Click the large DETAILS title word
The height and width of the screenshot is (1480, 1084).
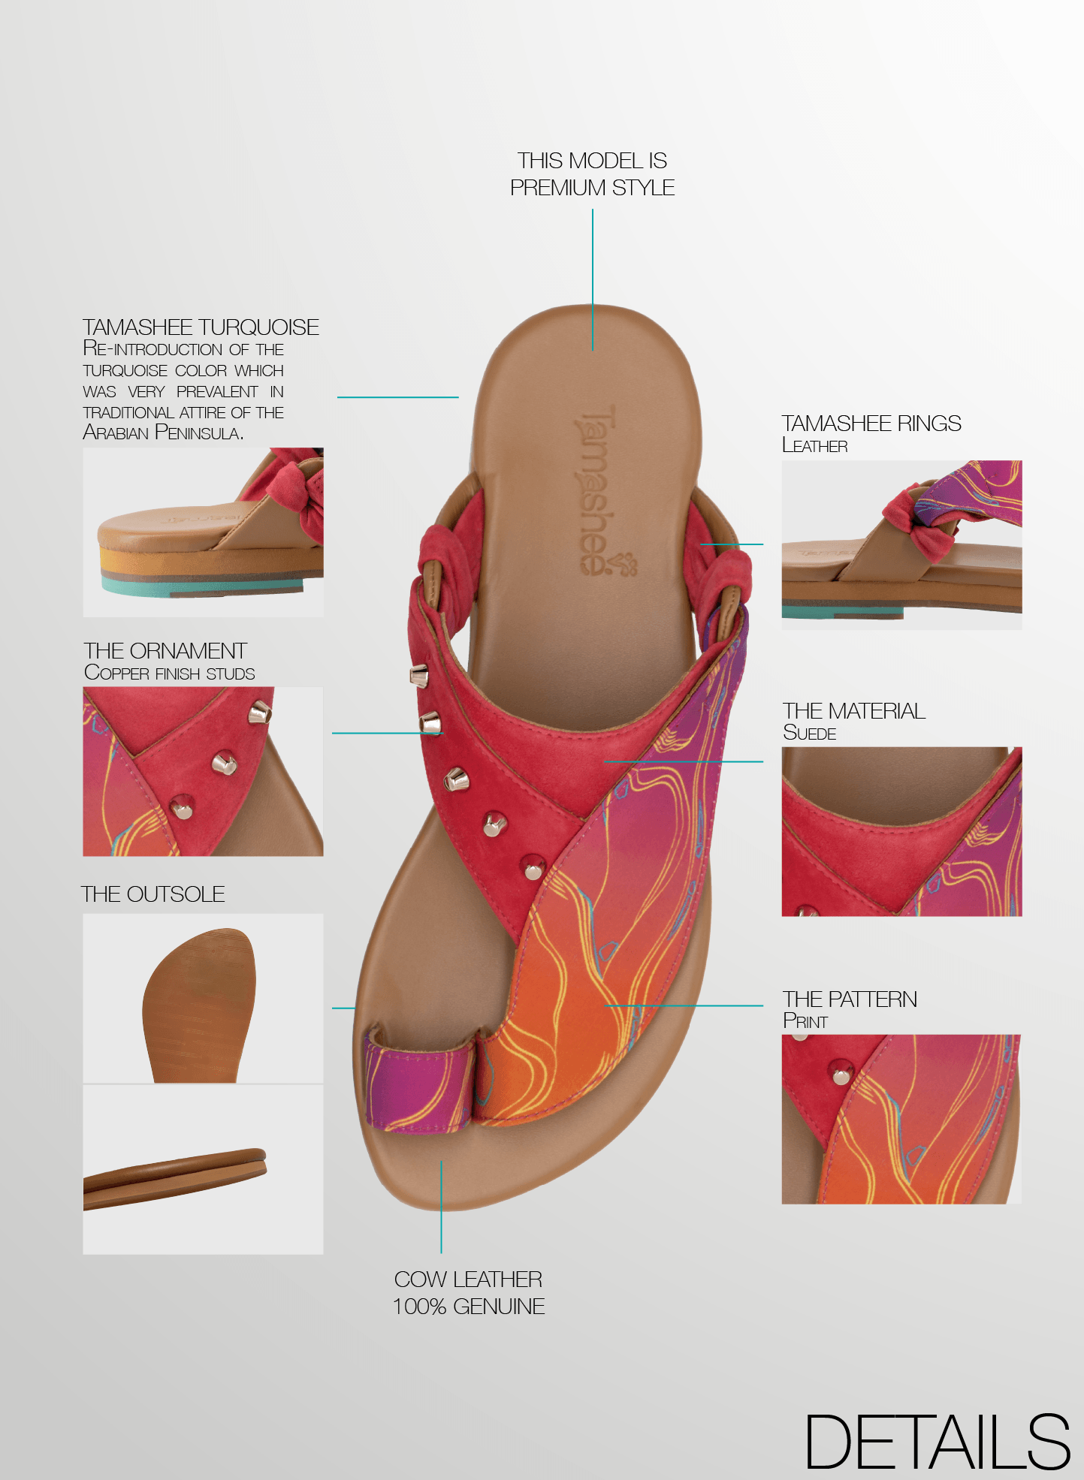937,1442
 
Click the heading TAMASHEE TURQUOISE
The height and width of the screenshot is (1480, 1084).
201,327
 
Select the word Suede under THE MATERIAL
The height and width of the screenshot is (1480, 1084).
809,733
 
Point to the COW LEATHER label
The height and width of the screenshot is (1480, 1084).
468,1279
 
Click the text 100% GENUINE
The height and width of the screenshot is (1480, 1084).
468,1307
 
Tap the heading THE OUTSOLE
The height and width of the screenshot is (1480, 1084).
153,894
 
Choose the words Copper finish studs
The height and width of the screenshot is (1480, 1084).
170,673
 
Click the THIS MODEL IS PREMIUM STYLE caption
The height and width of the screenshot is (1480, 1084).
592,174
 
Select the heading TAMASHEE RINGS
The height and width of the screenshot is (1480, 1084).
871,424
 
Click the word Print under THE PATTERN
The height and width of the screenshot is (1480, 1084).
805,1021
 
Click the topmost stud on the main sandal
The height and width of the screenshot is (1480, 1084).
418,677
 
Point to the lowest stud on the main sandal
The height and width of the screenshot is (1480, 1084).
533,869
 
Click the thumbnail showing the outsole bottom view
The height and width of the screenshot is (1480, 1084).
203,998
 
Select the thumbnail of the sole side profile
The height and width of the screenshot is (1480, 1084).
203,1169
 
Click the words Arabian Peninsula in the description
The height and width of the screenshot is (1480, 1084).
163,433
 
